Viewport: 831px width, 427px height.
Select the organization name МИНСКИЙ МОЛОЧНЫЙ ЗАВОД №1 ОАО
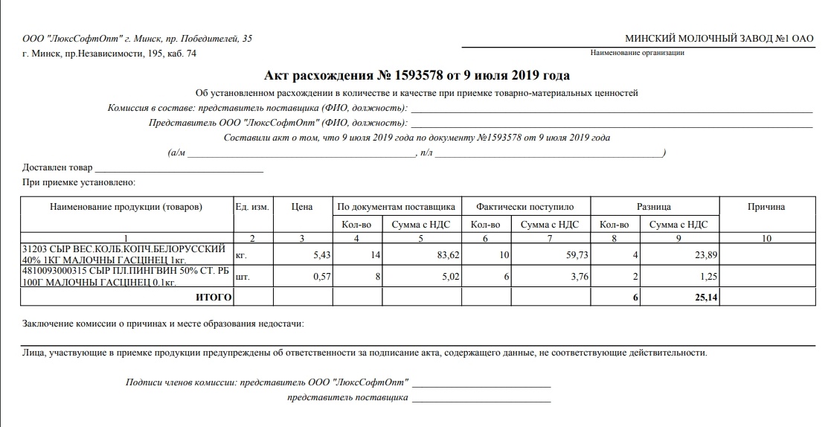click(x=719, y=39)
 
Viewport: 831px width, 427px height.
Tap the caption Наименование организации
click(x=637, y=53)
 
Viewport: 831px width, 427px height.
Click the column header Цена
click(x=302, y=207)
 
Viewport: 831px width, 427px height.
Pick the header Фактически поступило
click(x=525, y=207)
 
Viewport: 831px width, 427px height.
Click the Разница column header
click(x=654, y=207)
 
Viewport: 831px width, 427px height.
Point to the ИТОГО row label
click(x=214, y=298)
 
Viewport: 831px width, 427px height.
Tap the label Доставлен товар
click(x=58, y=167)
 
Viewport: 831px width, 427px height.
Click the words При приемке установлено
click(x=79, y=182)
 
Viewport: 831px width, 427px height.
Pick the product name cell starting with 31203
click(x=125, y=254)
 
